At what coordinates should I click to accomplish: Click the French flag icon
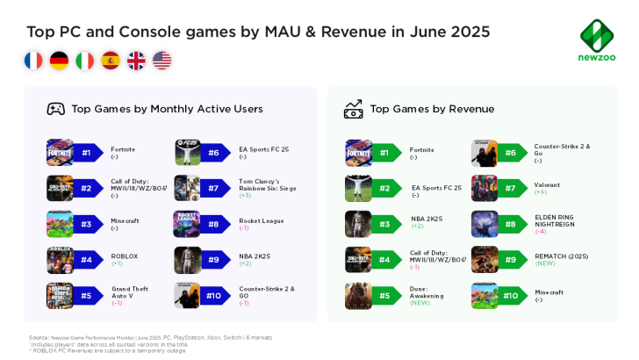[x=33, y=61]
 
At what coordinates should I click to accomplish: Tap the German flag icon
[x=60, y=61]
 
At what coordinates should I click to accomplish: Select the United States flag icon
[x=162, y=61]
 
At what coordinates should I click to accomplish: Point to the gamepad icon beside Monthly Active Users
[x=55, y=109]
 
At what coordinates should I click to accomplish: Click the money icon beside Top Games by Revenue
[x=353, y=109]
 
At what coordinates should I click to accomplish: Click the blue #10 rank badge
[x=213, y=296]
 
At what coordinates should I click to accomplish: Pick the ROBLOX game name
[x=125, y=256]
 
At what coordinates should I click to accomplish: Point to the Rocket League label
[x=262, y=220]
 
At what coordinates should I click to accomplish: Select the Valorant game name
[x=547, y=184]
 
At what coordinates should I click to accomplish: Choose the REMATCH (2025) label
[x=559, y=256]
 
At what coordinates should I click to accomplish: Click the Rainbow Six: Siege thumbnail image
[x=187, y=189]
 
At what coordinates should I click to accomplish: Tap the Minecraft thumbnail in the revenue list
[x=485, y=296]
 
